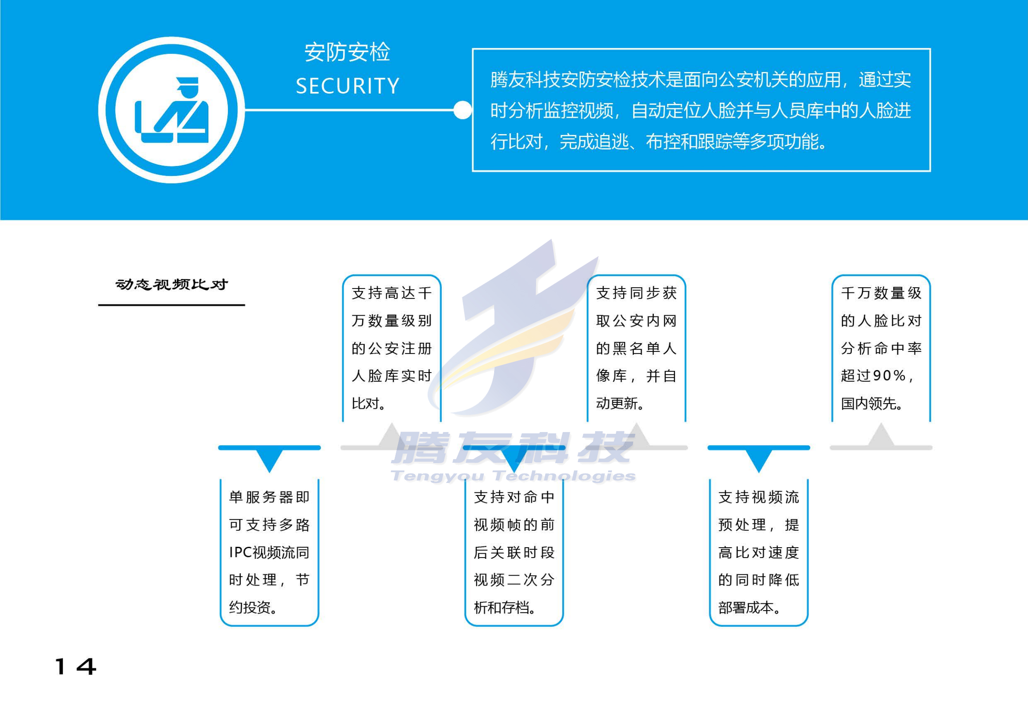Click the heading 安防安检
[x=347, y=52]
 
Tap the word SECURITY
[x=347, y=86]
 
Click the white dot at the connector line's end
[x=462, y=110]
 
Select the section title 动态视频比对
[x=171, y=285]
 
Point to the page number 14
[x=75, y=666]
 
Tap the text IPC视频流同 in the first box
[x=269, y=552]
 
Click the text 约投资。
[x=253, y=607]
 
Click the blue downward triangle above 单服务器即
[x=270, y=459]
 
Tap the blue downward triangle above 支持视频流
[x=759, y=459]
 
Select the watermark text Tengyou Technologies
[x=513, y=476]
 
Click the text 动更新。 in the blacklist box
[x=620, y=403]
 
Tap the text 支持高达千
[x=392, y=293]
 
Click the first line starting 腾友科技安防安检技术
[x=701, y=80]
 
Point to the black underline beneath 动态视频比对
[x=171, y=305]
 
